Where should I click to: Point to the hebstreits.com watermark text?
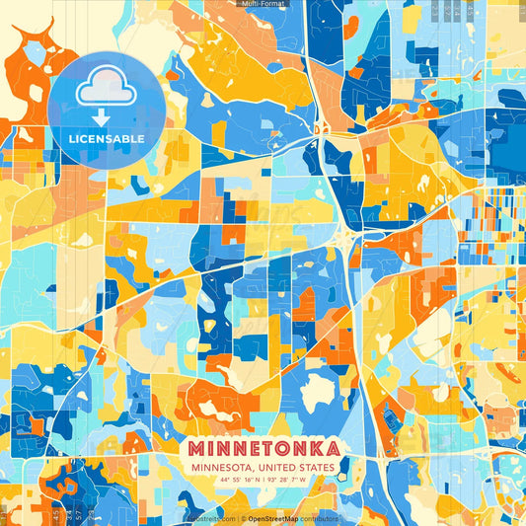coord(209,517)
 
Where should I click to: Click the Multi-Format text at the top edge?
coord(263,4)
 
